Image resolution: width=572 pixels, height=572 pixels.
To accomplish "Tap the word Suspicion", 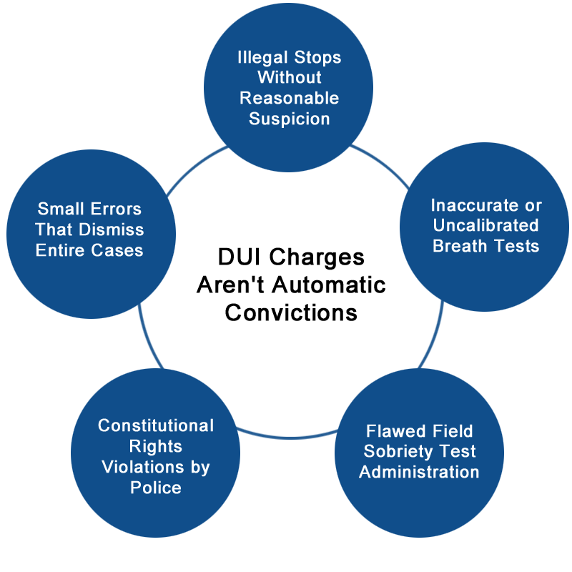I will click(x=289, y=118).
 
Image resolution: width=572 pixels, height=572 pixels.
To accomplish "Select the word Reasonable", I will click(x=289, y=97).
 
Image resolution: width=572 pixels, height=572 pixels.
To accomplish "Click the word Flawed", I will click(x=389, y=431).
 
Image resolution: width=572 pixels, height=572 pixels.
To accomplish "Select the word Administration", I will click(x=419, y=472).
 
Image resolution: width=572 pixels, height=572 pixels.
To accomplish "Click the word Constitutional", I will click(x=156, y=426).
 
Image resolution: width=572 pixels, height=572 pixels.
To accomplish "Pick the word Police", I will click(x=156, y=488).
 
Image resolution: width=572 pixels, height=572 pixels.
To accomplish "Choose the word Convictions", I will click(x=291, y=312).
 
